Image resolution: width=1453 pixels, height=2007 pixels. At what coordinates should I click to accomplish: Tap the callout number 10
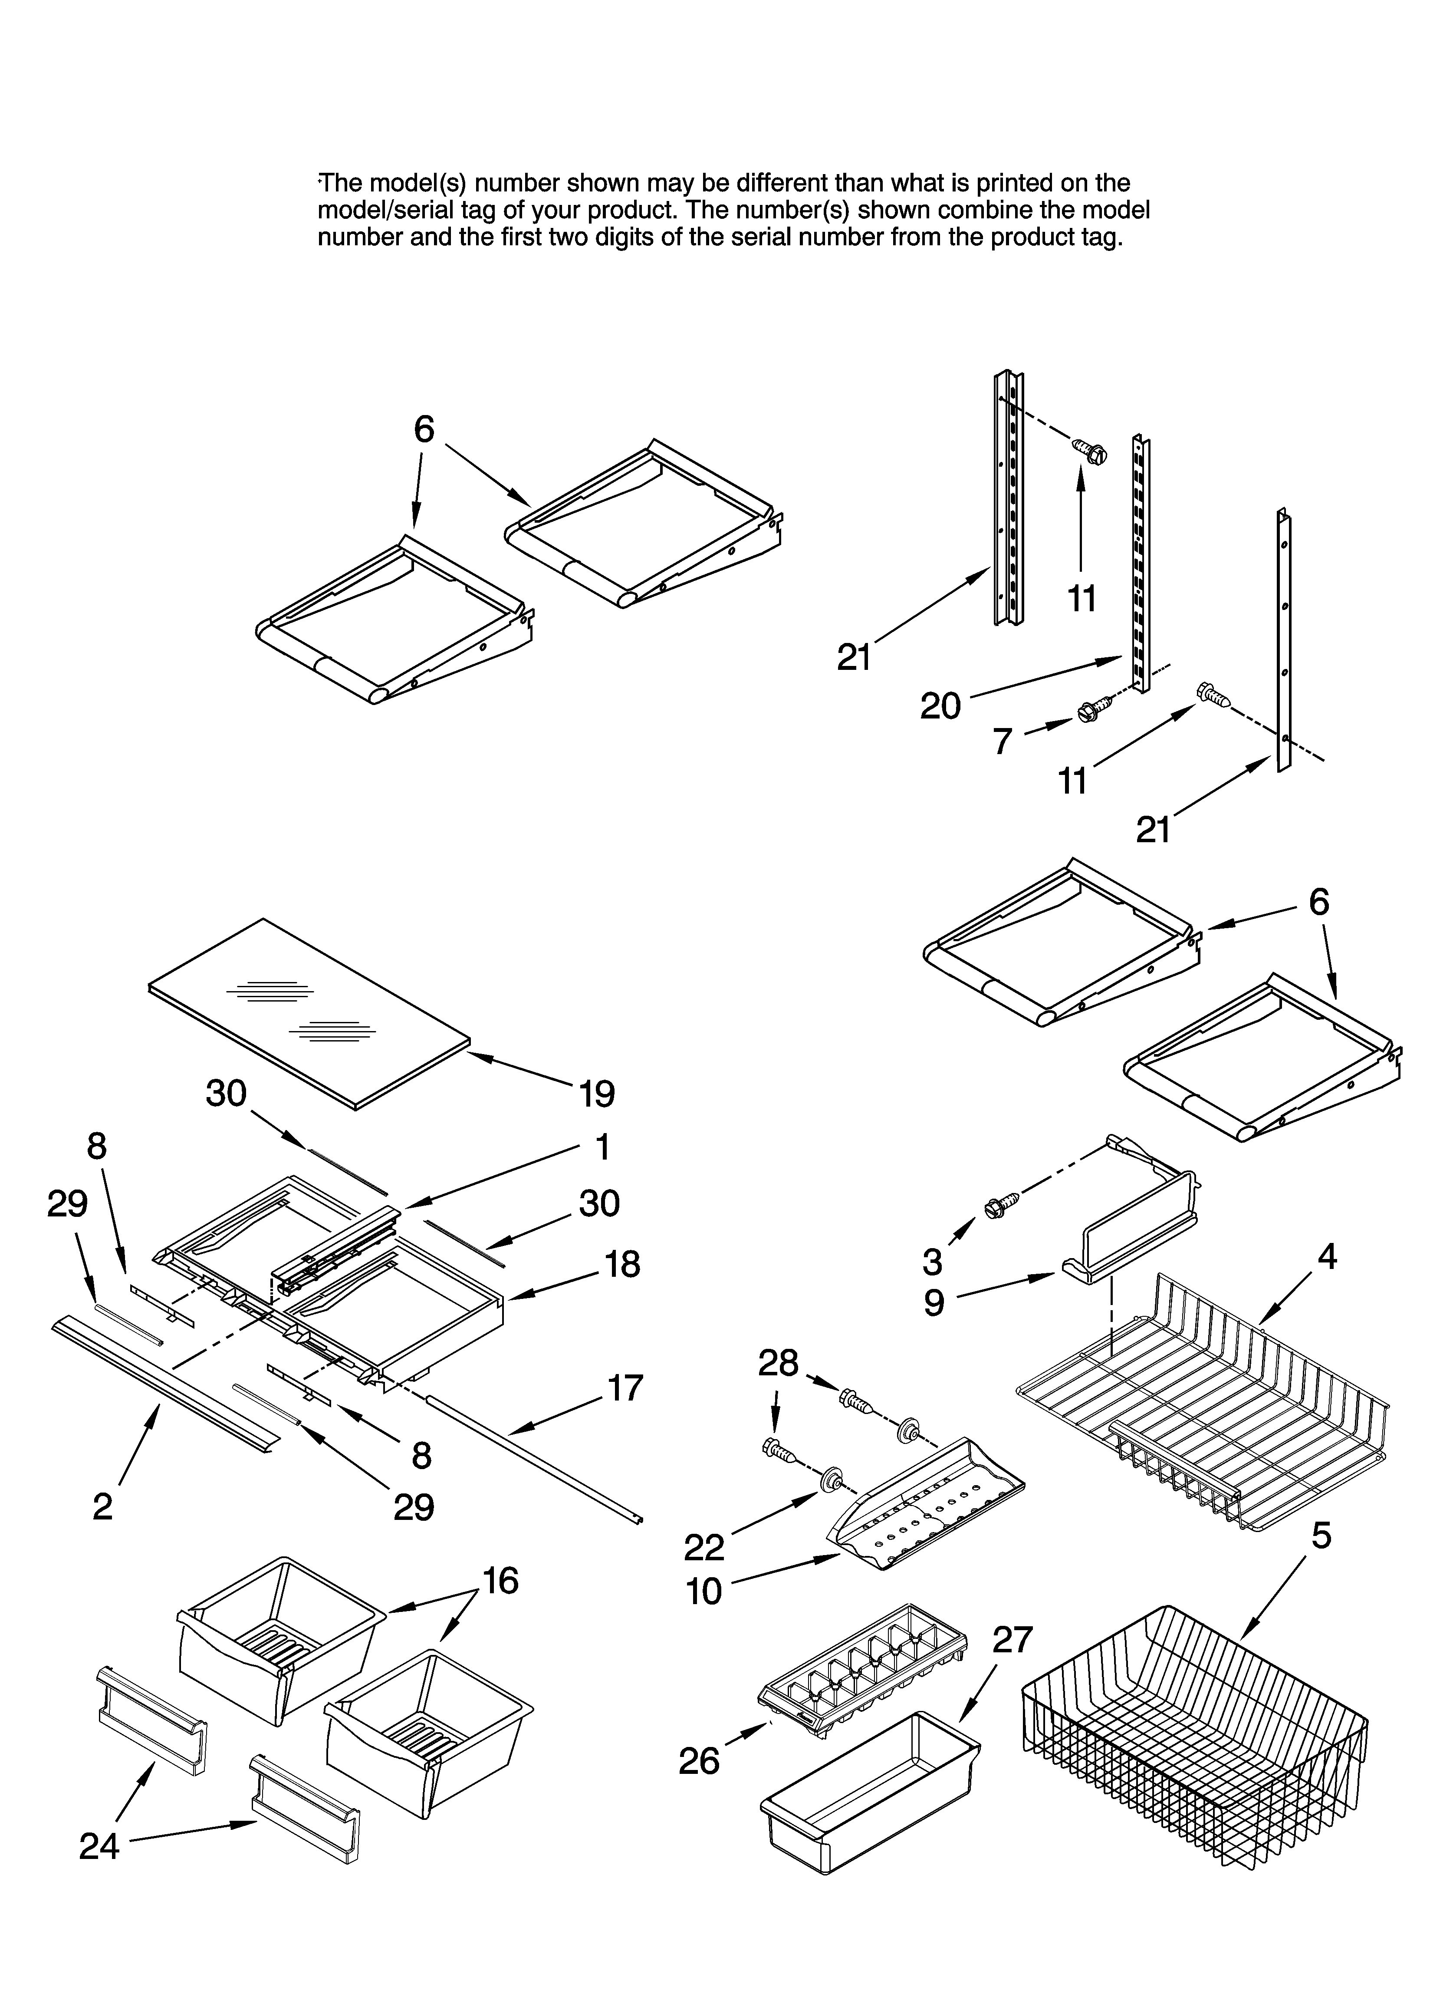coord(704,1591)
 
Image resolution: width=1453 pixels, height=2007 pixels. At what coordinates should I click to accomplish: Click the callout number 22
coord(704,1547)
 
